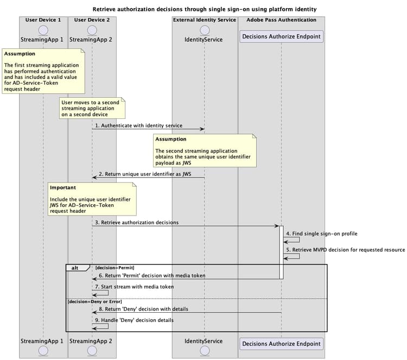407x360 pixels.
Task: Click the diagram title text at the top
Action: [x=205, y=9]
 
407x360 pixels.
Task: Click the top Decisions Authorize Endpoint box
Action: [x=281, y=37]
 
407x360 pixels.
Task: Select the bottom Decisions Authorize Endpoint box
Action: [x=281, y=343]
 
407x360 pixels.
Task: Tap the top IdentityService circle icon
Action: [x=205, y=29]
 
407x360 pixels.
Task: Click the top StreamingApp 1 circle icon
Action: [x=43, y=29]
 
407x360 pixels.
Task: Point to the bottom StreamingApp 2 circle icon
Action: [x=92, y=351]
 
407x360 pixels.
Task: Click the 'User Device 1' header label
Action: [x=43, y=20]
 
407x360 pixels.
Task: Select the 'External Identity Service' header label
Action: [x=205, y=20]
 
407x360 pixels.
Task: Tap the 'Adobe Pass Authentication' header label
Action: [x=281, y=20]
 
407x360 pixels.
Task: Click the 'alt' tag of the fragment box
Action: [x=74, y=268]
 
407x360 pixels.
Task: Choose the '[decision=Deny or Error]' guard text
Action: [x=94, y=301]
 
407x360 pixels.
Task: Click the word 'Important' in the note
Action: [x=63, y=187]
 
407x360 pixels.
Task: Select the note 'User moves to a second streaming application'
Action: [x=92, y=108]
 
